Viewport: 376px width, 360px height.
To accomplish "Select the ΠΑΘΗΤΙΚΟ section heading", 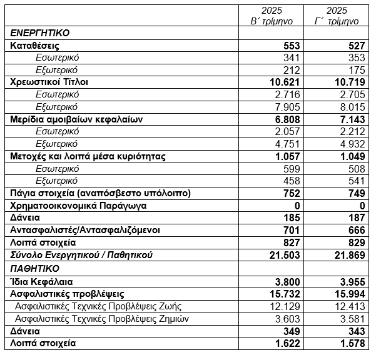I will pos(35,268).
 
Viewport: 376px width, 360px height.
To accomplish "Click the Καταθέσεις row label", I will pos(35,46).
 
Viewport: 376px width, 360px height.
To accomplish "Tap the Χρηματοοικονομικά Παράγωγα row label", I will pos(71,206).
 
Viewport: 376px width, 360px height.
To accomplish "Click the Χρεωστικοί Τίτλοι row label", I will pos(49,82).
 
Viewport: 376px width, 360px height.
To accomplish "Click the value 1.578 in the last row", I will pos(346,342).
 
